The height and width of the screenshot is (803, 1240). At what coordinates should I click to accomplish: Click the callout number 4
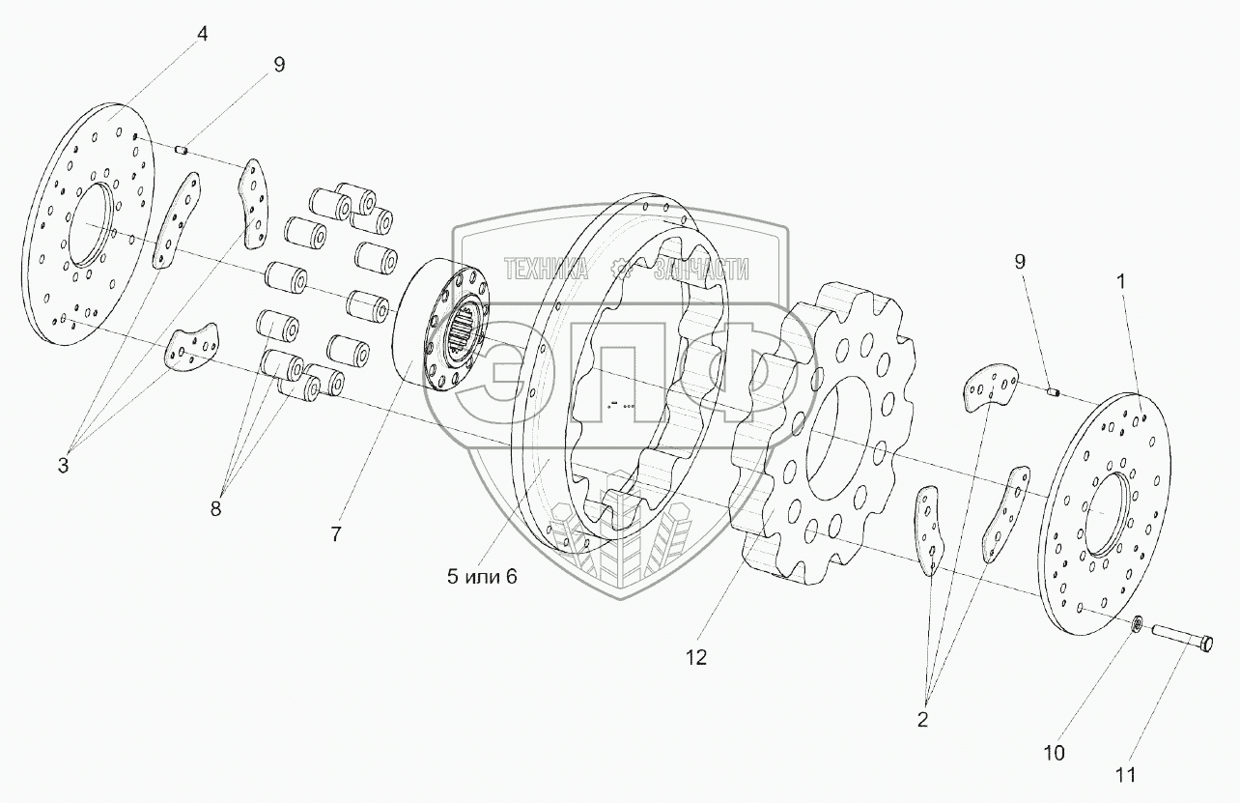pyautogui.click(x=202, y=35)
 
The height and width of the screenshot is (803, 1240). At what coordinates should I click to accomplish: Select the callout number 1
pyautogui.click(x=1121, y=282)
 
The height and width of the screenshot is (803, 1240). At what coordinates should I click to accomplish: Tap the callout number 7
pyautogui.click(x=336, y=534)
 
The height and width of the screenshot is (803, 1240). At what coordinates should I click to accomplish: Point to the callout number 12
pyautogui.click(x=696, y=658)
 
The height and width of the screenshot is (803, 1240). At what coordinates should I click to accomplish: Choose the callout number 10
pyautogui.click(x=1054, y=753)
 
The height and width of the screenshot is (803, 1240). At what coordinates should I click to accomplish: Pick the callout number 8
pyautogui.click(x=215, y=508)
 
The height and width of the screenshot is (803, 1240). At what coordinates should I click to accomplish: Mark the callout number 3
pyautogui.click(x=63, y=466)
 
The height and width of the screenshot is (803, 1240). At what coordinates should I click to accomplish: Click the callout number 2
pyautogui.click(x=922, y=720)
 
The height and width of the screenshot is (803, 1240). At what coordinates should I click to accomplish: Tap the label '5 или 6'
pyautogui.click(x=482, y=577)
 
